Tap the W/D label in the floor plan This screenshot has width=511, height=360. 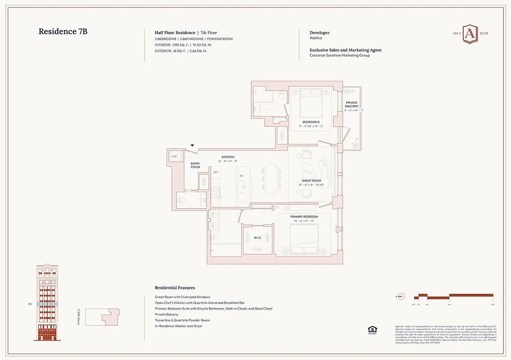click(x=174, y=157)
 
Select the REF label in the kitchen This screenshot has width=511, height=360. click(x=216, y=172)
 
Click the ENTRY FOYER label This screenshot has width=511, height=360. click(x=195, y=165)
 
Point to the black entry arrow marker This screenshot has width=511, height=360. click(x=192, y=145)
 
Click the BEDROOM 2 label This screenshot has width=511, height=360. click(x=311, y=122)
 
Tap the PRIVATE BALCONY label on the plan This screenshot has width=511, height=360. click(x=352, y=105)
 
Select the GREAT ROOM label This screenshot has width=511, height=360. click(x=311, y=181)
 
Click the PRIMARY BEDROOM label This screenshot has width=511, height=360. click(x=304, y=217)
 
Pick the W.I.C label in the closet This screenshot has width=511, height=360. click(x=258, y=238)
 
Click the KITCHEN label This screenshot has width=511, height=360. click(x=228, y=157)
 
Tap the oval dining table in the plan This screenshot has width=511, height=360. click(x=271, y=177)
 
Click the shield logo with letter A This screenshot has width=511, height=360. click(x=470, y=34)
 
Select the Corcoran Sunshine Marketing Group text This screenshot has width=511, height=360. click(x=339, y=55)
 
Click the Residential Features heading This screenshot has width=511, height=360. click(x=175, y=288)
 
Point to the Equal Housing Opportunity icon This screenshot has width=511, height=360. click(x=372, y=330)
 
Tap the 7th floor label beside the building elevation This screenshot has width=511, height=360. click(x=30, y=304)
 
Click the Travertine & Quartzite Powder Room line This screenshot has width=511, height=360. click(x=182, y=320)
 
